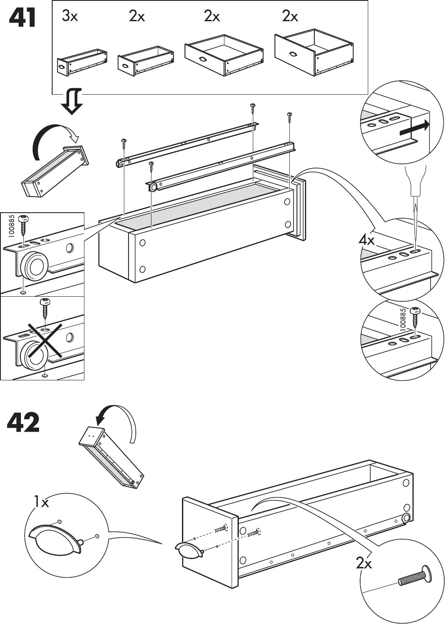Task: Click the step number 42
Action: pyautogui.click(x=23, y=422)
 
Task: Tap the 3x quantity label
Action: pyautogui.click(x=70, y=17)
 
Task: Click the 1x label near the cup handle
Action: pyautogui.click(x=42, y=503)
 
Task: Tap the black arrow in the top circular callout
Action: pyautogui.click(x=414, y=128)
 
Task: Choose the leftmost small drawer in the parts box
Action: pyautogui.click(x=81, y=62)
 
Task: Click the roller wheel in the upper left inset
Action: pyautogui.click(x=35, y=267)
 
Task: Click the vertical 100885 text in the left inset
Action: pyautogui.click(x=11, y=225)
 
